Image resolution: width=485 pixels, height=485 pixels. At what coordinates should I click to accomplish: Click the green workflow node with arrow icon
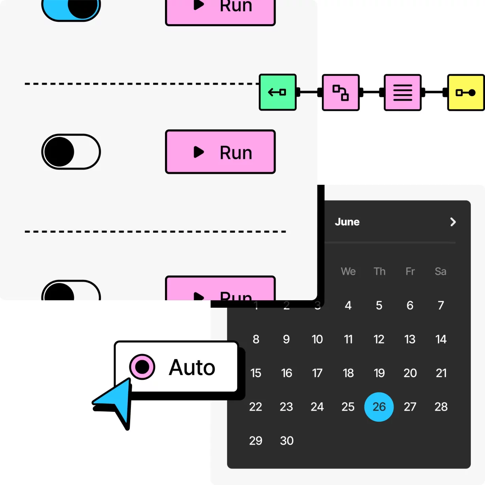pos(277,92)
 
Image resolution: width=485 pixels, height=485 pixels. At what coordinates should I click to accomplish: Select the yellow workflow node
pos(466,92)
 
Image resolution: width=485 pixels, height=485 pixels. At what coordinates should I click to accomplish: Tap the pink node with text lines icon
pos(402,92)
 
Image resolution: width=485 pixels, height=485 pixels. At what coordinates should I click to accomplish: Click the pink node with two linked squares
pos(341,92)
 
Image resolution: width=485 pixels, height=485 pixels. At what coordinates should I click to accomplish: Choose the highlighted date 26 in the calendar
pos(379,407)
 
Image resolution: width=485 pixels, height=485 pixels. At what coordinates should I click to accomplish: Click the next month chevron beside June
pos(453,222)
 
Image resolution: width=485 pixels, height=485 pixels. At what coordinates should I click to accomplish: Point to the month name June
pos(347,222)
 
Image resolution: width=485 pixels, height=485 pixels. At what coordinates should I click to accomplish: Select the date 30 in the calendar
pos(286,441)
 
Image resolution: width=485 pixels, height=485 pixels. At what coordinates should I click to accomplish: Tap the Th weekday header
pos(379,271)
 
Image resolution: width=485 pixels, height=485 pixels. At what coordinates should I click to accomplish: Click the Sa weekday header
pos(440,271)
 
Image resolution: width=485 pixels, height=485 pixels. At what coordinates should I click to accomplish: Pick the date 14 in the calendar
pos(441,339)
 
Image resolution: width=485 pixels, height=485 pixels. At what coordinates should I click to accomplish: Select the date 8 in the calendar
pos(256,339)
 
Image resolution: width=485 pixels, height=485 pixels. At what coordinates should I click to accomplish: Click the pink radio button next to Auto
pos(142,367)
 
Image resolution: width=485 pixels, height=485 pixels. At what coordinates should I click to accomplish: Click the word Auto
pos(192,368)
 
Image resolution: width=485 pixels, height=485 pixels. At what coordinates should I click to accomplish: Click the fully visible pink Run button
pos(220,152)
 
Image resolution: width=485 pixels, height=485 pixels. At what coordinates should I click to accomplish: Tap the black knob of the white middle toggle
pos(59,152)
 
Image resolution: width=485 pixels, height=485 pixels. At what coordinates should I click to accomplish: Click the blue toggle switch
pos(71,9)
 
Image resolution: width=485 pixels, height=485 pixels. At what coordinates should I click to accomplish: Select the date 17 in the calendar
pos(317,373)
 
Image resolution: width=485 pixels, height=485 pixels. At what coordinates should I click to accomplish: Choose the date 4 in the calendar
pos(348,305)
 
